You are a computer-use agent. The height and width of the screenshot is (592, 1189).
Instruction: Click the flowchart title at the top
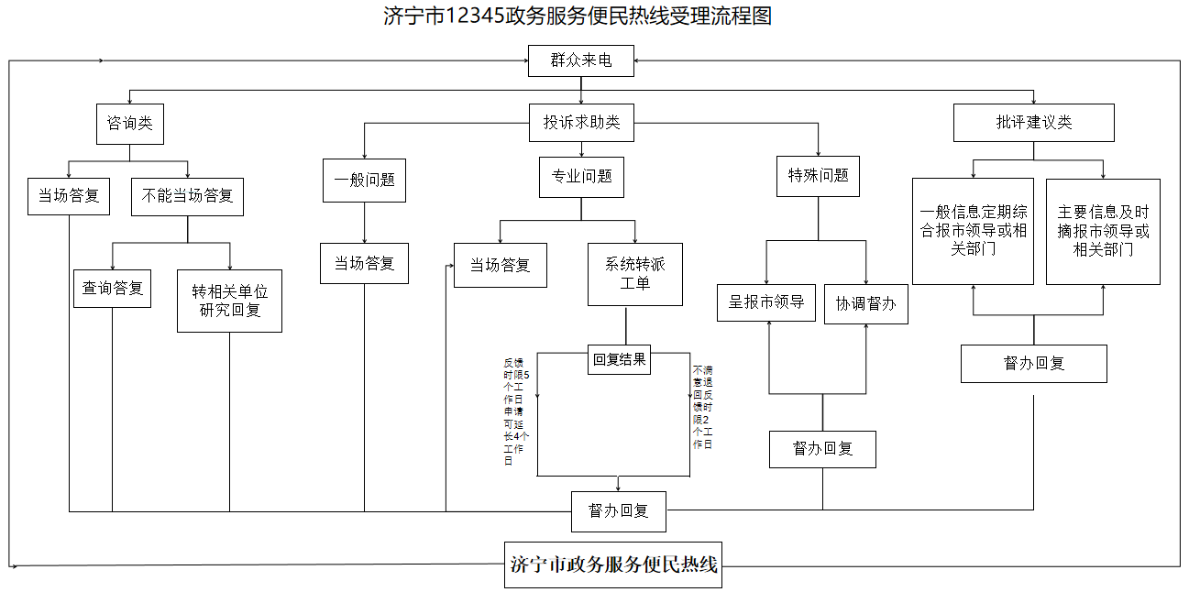click(578, 16)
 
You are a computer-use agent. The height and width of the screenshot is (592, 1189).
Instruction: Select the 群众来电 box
click(580, 60)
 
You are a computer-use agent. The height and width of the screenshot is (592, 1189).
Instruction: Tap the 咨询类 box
click(130, 123)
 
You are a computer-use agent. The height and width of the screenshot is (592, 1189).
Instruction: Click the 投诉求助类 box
click(581, 123)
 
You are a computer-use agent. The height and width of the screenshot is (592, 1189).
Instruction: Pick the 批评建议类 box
click(1033, 123)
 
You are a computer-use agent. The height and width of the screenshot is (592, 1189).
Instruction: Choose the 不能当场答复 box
click(187, 196)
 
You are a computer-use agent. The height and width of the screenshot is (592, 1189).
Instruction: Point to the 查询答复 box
click(113, 288)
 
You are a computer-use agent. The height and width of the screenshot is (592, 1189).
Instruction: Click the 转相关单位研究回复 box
click(229, 301)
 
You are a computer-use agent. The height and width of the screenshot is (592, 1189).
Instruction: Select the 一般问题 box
click(364, 180)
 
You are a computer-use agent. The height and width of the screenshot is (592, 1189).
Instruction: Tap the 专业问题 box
click(581, 176)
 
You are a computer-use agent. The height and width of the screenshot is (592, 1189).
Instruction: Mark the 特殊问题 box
click(818, 176)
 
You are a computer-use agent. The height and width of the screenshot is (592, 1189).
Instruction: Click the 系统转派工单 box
click(634, 274)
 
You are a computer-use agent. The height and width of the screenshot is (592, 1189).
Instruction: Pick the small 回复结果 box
click(619, 359)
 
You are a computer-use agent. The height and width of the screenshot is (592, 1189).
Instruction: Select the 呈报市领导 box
click(766, 301)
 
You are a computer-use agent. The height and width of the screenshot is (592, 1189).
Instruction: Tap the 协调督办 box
click(865, 303)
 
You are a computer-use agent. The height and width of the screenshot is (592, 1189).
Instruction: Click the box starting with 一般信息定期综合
click(973, 231)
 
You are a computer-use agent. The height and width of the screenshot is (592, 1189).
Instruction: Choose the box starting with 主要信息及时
click(1103, 231)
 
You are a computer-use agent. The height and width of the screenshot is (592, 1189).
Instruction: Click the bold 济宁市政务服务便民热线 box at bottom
click(613, 565)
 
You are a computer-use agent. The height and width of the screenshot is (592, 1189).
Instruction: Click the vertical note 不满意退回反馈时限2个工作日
click(702, 406)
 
